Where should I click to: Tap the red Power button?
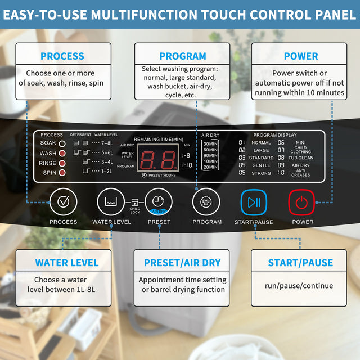[301, 202]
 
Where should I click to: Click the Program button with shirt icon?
[206, 202]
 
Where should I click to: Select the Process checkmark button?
[64, 201]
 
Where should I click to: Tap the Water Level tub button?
[111, 201]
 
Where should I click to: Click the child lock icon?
[134, 202]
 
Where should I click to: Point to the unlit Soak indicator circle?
[62, 143]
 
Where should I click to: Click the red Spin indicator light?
[62, 173]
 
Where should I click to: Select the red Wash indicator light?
[62, 153]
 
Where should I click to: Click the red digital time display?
[158, 157]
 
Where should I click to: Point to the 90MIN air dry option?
[210, 155]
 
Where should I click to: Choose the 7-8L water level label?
[107, 143]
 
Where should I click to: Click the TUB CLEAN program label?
[301, 157]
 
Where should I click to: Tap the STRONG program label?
[261, 173]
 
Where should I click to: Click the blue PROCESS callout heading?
[62, 56]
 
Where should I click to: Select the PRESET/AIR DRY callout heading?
[182, 263]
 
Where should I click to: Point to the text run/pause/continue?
[299, 286]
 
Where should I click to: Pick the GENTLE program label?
[261, 165]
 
